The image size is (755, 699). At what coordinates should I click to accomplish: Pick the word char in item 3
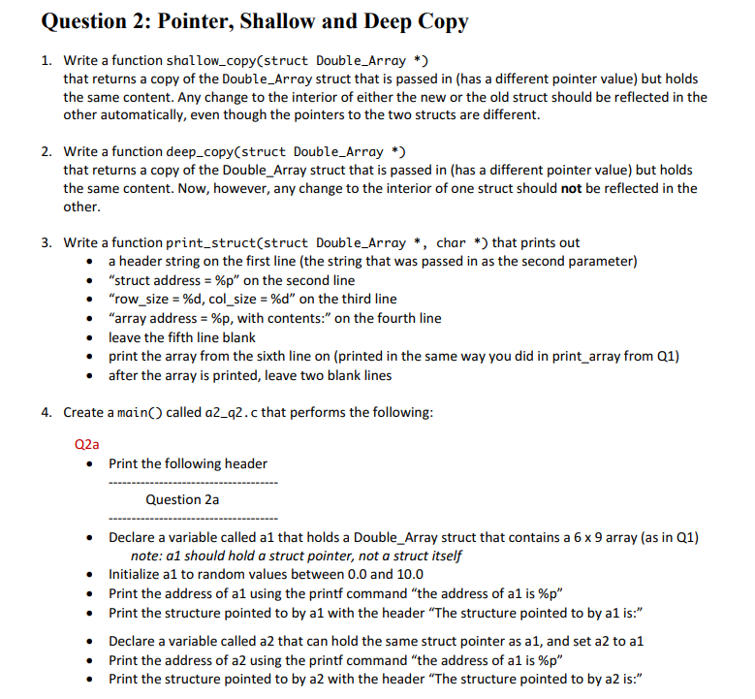[451, 242]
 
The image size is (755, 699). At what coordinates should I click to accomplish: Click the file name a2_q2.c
[231, 412]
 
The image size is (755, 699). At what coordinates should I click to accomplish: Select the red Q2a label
[86, 444]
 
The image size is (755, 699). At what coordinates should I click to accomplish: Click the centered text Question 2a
[182, 499]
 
